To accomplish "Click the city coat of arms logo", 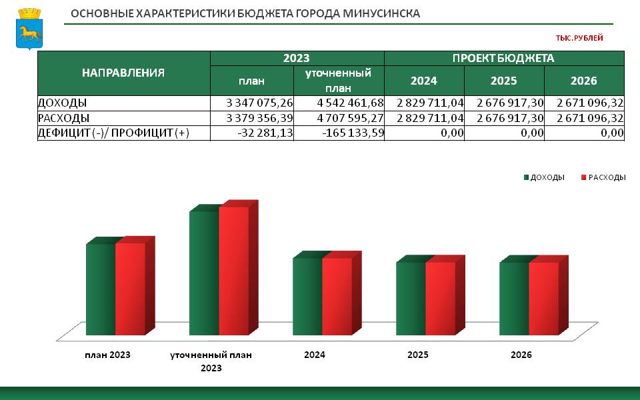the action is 29,29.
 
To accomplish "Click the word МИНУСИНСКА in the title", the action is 381,13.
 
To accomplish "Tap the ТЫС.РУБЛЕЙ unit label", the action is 579,38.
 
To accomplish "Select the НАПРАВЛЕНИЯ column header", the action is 123,73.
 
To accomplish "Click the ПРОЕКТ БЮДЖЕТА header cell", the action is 503,59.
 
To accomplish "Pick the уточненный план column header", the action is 339,81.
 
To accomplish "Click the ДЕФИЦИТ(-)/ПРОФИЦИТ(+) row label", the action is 113,133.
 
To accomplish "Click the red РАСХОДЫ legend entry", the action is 603,177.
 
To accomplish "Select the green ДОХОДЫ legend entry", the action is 544,177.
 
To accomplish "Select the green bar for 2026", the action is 514,299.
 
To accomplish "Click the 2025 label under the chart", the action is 418,355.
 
